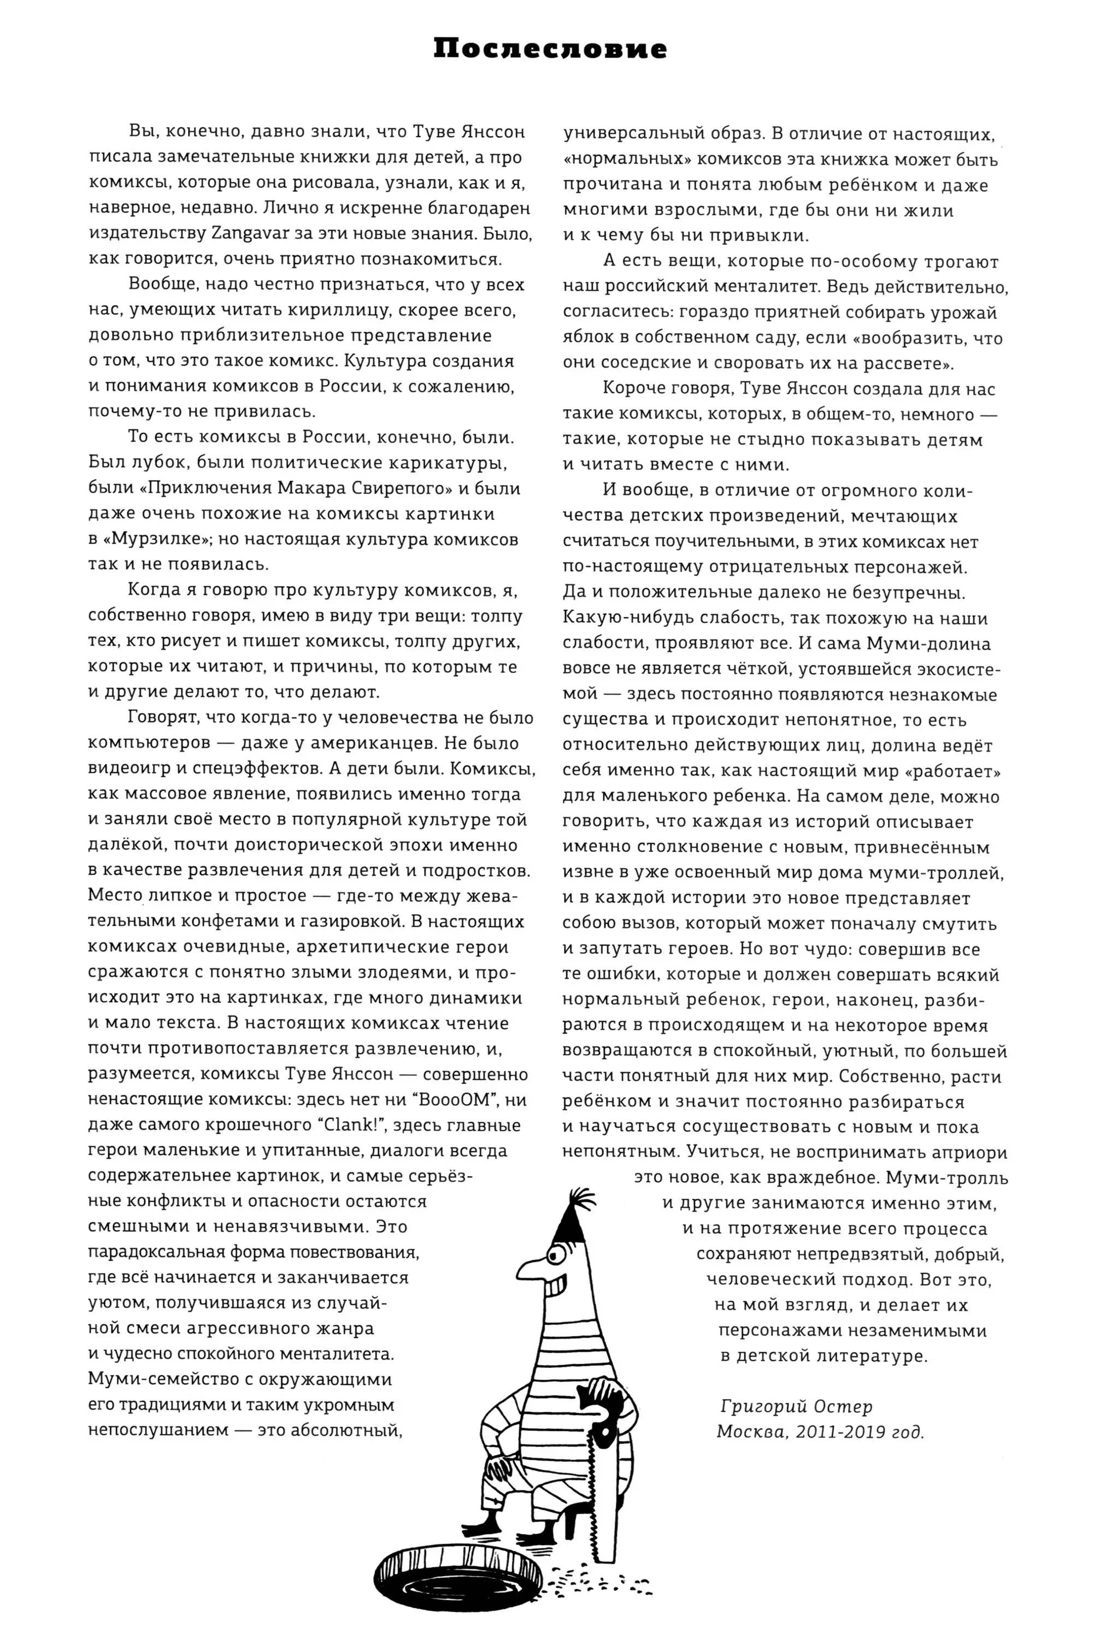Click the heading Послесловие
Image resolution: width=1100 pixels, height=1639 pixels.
[550, 49]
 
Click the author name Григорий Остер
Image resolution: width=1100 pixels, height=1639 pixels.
[796, 1406]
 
